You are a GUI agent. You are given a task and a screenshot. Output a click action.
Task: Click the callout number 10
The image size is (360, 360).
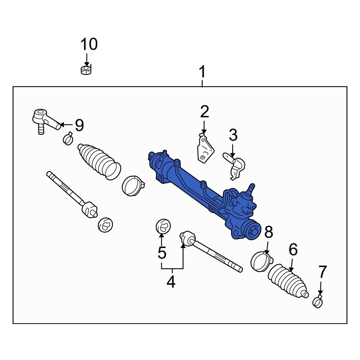(x=89, y=45)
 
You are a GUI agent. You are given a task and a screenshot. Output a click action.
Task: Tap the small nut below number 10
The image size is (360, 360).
(x=86, y=69)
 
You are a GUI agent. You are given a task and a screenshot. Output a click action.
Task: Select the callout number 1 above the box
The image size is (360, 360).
(x=202, y=72)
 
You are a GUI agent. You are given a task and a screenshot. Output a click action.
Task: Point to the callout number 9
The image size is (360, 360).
(x=79, y=125)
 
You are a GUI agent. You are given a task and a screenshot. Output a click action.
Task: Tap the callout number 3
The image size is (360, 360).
(x=233, y=135)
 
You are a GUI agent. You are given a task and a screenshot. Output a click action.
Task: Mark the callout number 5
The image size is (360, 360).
(x=162, y=253)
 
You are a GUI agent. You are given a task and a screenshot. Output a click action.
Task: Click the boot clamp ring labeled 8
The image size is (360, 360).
(x=261, y=261)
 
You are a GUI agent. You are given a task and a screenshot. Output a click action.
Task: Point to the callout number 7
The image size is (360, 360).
(x=322, y=273)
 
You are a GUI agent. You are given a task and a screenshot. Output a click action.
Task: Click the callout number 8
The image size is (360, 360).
(x=269, y=233)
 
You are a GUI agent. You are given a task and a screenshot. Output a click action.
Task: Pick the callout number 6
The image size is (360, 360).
(x=293, y=249)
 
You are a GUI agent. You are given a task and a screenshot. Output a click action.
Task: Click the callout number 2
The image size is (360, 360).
(x=204, y=112)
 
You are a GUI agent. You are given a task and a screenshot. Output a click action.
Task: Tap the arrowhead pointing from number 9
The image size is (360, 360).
(x=60, y=125)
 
